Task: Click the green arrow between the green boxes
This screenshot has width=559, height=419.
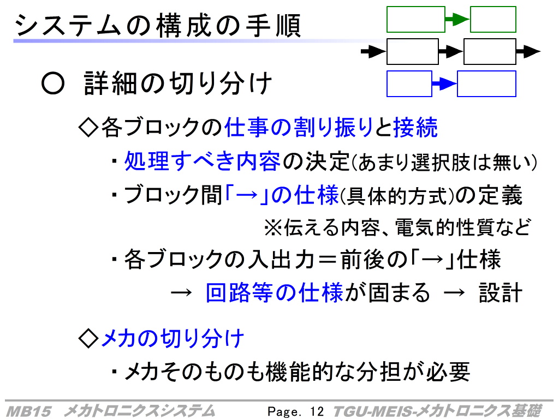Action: click(x=457, y=19)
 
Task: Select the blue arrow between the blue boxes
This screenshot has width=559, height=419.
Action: click(x=444, y=83)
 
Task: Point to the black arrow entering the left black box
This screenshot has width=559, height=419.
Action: click(x=373, y=52)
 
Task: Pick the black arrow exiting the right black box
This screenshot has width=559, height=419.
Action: click(x=528, y=52)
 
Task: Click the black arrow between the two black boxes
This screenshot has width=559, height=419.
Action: click(x=451, y=52)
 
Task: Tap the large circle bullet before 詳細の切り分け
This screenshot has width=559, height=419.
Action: click(x=53, y=83)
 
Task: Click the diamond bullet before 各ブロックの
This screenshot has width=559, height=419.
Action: click(x=88, y=128)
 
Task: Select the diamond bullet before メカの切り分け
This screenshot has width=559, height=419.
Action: click(x=88, y=338)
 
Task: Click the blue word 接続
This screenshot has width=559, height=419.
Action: click(x=415, y=127)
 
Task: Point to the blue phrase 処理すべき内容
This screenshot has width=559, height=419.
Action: click(x=202, y=161)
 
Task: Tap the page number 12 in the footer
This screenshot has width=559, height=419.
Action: click(x=317, y=411)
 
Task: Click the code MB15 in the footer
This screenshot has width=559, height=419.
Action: click(x=28, y=411)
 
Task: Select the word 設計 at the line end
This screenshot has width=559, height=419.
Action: click(x=500, y=293)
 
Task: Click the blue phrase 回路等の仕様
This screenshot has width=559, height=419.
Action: click(x=275, y=292)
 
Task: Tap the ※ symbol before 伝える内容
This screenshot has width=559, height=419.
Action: click(x=273, y=228)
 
